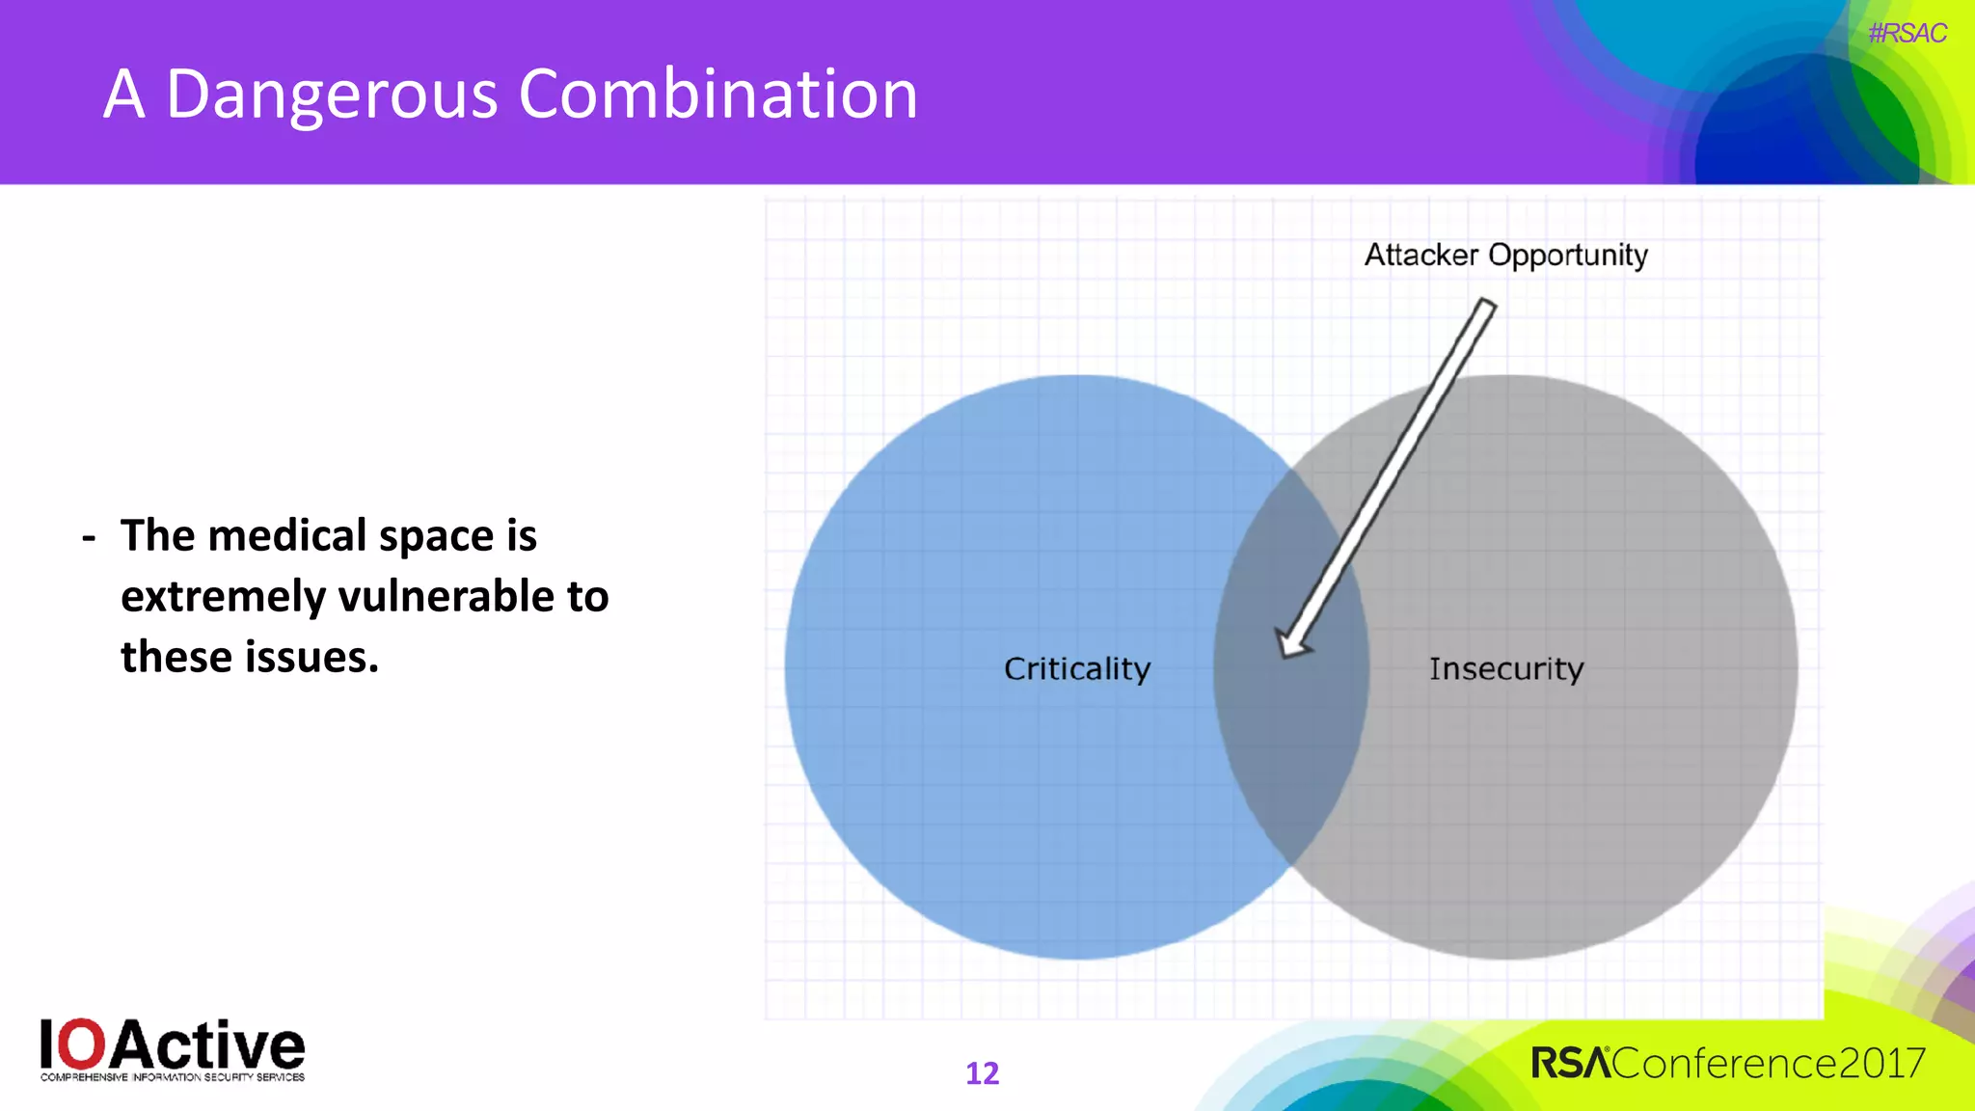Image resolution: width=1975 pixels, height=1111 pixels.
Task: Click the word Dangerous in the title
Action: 332,95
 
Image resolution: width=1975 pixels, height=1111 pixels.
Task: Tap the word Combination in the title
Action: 717,95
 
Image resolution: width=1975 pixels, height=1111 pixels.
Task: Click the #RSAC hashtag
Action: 1907,34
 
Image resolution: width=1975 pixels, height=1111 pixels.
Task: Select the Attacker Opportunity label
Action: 1505,256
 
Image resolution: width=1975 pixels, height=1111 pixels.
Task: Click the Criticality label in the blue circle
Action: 1077,668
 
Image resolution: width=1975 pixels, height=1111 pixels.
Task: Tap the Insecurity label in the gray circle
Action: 1505,668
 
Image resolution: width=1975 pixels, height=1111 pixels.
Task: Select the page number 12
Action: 982,1073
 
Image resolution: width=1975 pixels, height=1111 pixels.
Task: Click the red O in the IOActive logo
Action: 86,1044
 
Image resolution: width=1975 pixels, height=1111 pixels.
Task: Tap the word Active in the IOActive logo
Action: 209,1044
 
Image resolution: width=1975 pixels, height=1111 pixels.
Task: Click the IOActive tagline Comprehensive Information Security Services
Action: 173,1077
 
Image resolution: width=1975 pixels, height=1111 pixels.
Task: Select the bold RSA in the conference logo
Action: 1570,1064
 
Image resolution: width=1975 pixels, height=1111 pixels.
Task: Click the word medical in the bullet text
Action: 286,536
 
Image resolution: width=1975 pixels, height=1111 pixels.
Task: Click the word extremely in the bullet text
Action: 223,597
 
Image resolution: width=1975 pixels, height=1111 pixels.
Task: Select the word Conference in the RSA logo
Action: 1723,1064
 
